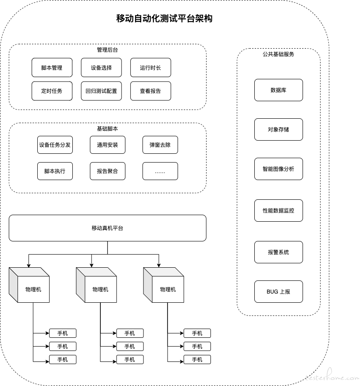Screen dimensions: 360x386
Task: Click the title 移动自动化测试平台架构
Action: (164, 18)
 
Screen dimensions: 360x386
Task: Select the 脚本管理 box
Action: (52, 67)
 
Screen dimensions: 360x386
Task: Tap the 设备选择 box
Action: (101, 67)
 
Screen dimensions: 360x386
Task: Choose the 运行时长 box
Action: (150, 67)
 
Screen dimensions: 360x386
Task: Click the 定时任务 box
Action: (52, 91)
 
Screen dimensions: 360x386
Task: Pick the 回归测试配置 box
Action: (101, 91)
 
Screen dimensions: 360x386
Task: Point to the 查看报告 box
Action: (150, 91)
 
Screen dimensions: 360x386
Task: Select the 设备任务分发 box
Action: (55, 145)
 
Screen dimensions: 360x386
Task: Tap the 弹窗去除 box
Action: (160, 145)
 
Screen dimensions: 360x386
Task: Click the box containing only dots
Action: (160, 171)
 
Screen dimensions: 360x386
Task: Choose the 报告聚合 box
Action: (107, 171)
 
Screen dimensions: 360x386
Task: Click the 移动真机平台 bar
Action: (107, 228)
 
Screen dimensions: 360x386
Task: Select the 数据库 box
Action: (278, 90)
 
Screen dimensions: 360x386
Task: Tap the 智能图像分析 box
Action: (278, 169)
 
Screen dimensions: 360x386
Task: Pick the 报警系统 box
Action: (278, 252)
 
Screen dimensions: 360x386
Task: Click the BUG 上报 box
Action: (278, 291)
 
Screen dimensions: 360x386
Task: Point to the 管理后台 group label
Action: (107, 50)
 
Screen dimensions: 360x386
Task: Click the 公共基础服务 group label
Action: (278, 54)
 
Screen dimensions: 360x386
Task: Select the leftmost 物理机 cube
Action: (29, 285)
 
